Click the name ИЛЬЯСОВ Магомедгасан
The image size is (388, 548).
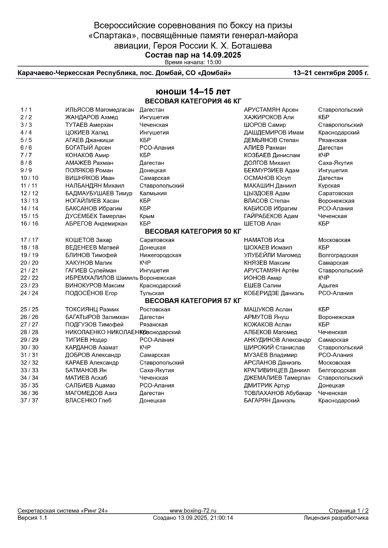point(99,110)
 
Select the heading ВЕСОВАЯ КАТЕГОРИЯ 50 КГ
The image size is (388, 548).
point(193,232)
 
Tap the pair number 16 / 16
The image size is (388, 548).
point(29,224)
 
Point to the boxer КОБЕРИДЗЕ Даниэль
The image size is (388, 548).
point(274,293)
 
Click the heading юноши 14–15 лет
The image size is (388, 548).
point(193,92)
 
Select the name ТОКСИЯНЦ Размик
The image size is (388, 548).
point(92,309)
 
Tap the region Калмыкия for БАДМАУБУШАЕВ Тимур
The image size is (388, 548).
point(153,193)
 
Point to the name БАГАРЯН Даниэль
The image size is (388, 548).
point(269,401)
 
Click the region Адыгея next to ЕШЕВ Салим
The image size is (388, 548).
point(328,286)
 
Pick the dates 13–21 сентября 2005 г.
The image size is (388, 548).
point(331,73)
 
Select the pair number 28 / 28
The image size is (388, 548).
point(29,332)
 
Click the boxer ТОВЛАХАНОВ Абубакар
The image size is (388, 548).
point(277,393)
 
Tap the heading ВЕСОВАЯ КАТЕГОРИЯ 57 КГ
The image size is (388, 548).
point(193,301)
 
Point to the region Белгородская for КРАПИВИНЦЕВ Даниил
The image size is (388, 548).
point(337,370)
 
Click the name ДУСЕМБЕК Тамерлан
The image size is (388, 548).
point(95,216)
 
